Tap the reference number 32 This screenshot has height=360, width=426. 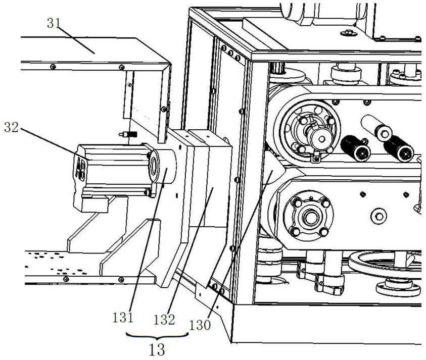[12, 127]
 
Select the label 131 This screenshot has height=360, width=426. [123, 318]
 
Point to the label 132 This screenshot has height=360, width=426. [164, 320]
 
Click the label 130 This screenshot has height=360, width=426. [200, 325]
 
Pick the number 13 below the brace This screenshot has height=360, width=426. [157, 350]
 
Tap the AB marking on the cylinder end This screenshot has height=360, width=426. [81, 169]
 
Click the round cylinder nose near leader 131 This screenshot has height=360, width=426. [162, 166]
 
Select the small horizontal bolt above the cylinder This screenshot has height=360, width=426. [128, 134]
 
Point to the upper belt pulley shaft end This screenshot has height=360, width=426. [321, 138]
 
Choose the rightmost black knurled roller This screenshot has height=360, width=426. [399, 148]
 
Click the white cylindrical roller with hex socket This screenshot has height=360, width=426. [376, 126]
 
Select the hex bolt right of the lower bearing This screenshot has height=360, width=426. [380, 216]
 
